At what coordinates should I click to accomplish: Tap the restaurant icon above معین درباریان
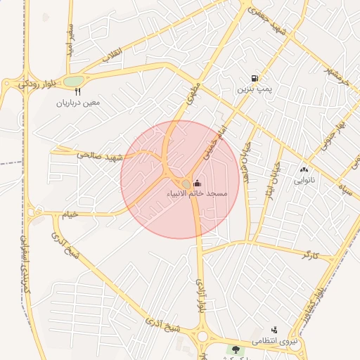click(77, 91)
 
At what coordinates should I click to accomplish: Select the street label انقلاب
click(112, 54)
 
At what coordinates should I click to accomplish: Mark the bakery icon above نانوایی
click(304, 169)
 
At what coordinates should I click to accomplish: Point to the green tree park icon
click(235, 348)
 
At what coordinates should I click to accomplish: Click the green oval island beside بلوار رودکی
click(73, 81)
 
